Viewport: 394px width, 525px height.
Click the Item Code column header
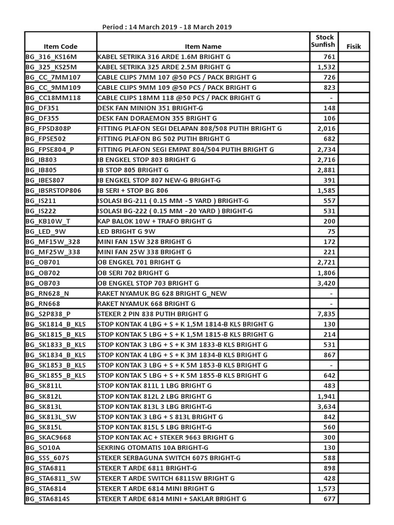pyautogui.click(x=61, y=46)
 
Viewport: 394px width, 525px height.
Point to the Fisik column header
pyautogui.click(x=353, y=46)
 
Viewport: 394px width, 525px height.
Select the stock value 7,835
pyautogui.click(x=326, y=314)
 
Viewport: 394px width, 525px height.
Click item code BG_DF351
pyautogui.click(x=42, y=108)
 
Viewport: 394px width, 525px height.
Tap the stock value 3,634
pyautogui.click(x=326, y=406)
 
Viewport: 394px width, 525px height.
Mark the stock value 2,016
pyautogui.click(x=326, y=129)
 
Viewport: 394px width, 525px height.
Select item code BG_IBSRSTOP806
pyautogui.click(x=53, y=190)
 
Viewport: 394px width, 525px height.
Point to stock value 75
pyautogui.click(x=330, y=231)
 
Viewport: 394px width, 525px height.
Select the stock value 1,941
pyautogui.click(x=326, y=396)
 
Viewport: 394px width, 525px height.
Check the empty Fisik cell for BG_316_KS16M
pyautogui.click(x=353, y=57)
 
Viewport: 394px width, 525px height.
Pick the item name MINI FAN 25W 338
pyautogui.click(x=144, y=252)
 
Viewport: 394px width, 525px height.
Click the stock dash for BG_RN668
pyautogui.click(x=331, y=304)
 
